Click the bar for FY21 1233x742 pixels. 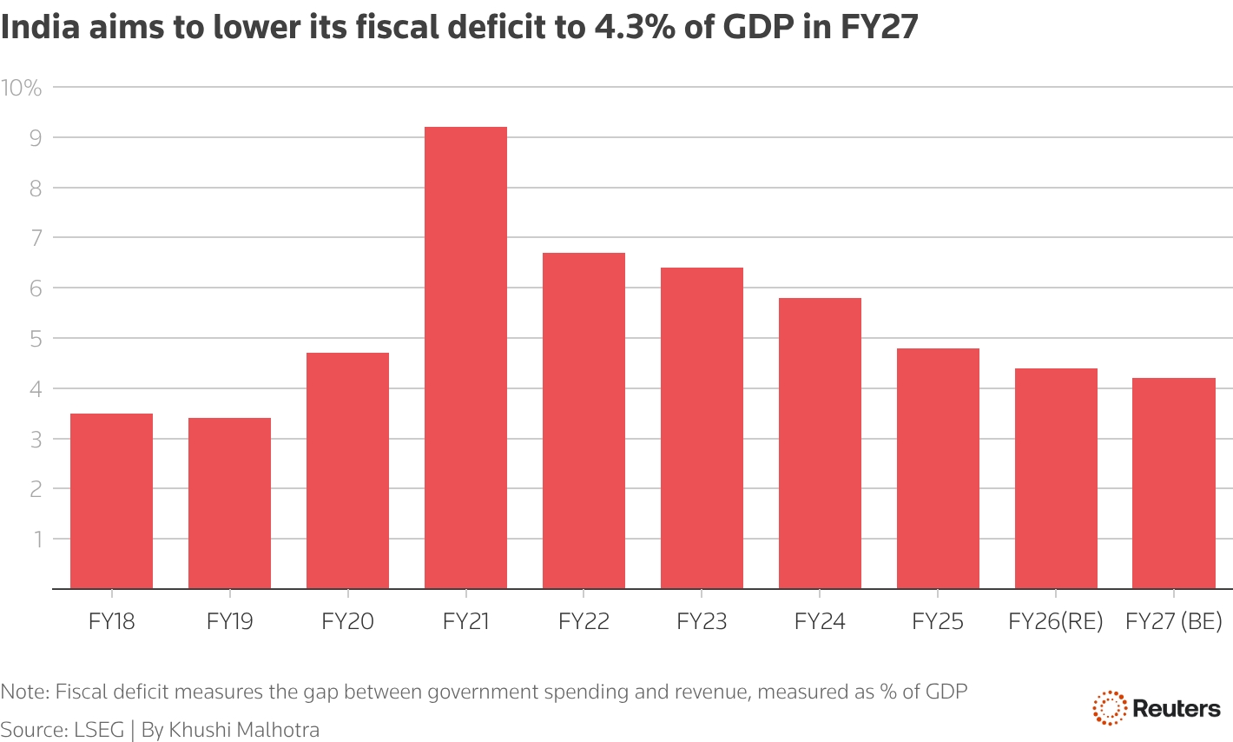(x=465, y=358)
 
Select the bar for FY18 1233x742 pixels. (x=111, y=501)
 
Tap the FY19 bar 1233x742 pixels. (x=229, y=504)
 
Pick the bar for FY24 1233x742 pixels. (x=820, y=443)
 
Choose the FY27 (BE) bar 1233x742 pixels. (x=1174, y=483)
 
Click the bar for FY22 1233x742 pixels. (x=584, y=421)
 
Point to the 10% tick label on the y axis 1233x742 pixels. (x=22, y=88)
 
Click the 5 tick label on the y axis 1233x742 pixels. (x=36, y=339)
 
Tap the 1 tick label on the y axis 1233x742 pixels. (x=37, y=540)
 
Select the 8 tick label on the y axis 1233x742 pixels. (x=36, y=189)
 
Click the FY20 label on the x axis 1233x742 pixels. (x=347, y=622)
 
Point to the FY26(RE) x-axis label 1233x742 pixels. (x=1055, y=622)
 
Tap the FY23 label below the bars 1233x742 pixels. (x=702, y=622)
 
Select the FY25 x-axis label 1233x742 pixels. (x=938, y=622)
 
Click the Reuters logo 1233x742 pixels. (x=1156, y=708)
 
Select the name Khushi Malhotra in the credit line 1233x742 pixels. (x=244, y=730)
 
